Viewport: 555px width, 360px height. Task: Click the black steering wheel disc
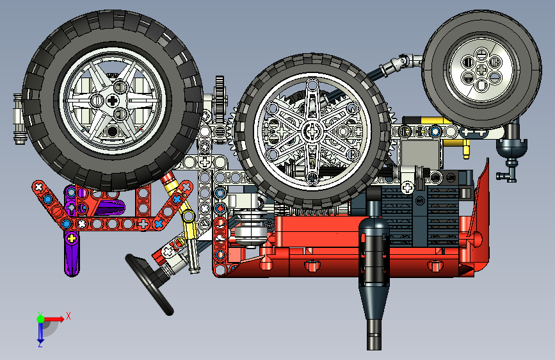(x=149, y=284)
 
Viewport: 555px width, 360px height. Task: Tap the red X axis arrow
(x=54, y=319)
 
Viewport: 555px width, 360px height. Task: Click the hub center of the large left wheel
(x=113, y=101)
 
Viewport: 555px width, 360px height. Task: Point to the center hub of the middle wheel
(x=312, y=131)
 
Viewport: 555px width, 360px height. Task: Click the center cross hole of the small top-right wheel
(x=481, y=69)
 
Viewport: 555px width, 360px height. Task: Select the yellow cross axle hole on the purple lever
(x=72, y=238)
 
